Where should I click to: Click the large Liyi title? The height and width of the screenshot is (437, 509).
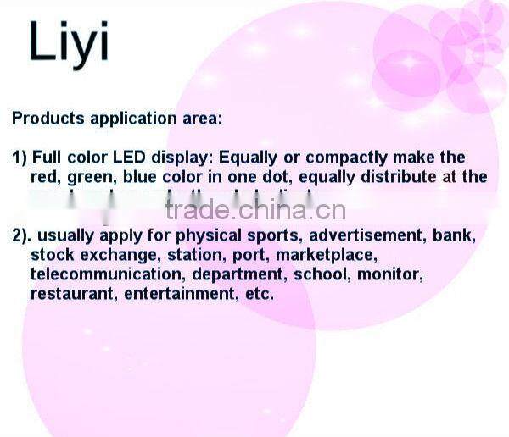69,42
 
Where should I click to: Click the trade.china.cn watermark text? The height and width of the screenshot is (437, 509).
255,208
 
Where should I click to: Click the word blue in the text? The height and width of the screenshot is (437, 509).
141,177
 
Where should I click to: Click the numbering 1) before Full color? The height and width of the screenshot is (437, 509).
20,158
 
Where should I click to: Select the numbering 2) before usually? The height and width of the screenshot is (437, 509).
21,235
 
